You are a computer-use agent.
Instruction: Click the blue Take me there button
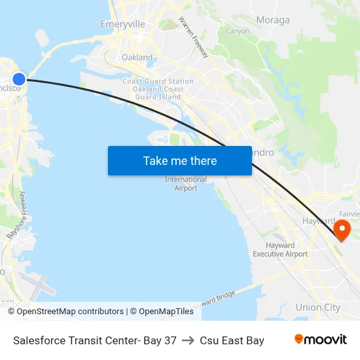tap(180, 160)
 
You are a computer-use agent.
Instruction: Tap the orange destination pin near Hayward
tap(342, 230)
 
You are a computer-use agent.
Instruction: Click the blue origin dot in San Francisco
tap(19, 79)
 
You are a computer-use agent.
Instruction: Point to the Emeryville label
tap(122, 24)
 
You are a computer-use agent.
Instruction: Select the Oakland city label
tap(137, 58)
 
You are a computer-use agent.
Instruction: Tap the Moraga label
tap(273, 20)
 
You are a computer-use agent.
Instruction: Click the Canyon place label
tap(237, 31)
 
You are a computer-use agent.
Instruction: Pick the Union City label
tap(317, 307)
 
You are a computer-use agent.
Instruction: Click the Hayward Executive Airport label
tap(280, 249)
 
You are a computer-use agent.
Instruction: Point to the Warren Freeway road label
tap(194, 37)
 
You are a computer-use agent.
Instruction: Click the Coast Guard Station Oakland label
tap(158, 89)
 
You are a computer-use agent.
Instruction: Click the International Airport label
tap(185, 184)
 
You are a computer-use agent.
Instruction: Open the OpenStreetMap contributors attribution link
tap(70, 312)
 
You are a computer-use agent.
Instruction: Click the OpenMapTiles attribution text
tap(166, 312)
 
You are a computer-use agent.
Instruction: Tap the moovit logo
tap(321, 340)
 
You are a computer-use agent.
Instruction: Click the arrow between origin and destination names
tap(189, 340)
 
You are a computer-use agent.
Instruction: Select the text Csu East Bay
tap(232, 340)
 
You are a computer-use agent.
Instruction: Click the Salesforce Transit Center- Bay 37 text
tap(94, 340)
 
